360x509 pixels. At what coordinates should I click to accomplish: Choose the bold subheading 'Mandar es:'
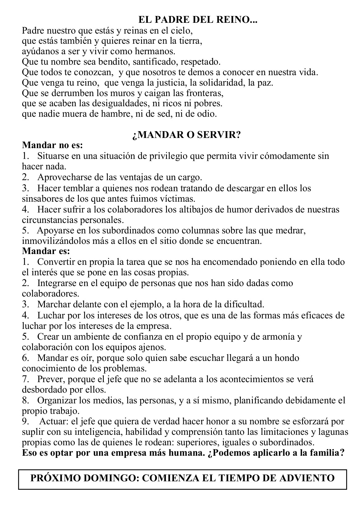[x=46, y=251]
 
